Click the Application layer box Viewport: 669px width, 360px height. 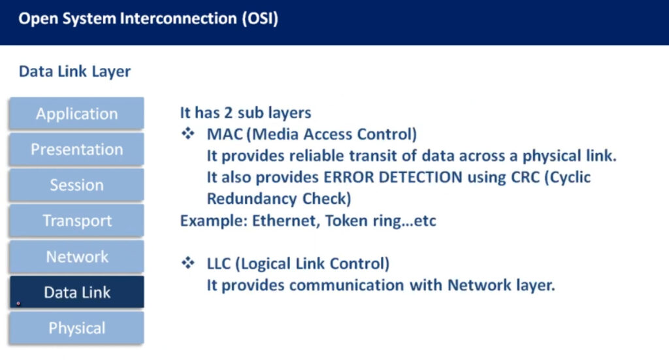pyautogui.click(x=77, y=114)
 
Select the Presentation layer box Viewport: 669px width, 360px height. pyautogui.click(x=77, y=149)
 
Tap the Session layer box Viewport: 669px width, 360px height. pyautogui.click(x=77, y=185)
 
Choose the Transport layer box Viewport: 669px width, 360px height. pyautogui.click(x=77, y=221)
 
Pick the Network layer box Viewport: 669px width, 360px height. pyautogui.click(x=77, y=256)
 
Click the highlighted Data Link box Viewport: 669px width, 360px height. pyautogui.click(x=77, y=292)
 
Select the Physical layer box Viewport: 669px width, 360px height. pyautogui.click(x=77, y=328)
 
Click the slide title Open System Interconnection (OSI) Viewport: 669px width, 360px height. pyautogui.click(x=148, y=19)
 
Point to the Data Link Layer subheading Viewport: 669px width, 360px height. pyautogui.click(x=74, y=71)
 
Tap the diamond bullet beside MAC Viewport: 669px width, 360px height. pyautogui.click(x=188, y=133)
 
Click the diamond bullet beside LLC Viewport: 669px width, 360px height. pyautogui.click(x=188, y=263)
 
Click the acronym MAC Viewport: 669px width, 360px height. pyautogui.click(x=225, y=134)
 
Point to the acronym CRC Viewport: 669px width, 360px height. pyautogui.click(x=525, y=177)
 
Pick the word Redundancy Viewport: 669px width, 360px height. pyautogui.click(x=252, y=199)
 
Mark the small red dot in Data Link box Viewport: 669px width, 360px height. pyautogui.click(x=18, y=304)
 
